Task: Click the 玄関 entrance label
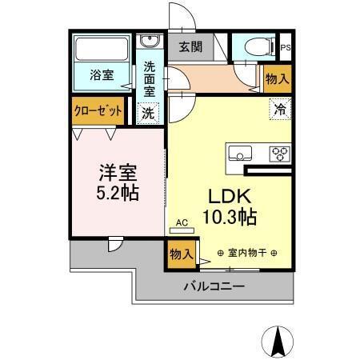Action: (x=190, y=46)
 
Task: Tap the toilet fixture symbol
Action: (x=254, y=47)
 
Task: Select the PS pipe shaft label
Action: (x=286, y=47)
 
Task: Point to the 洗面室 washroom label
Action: (x=150, y=78)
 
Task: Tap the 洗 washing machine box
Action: (x=150, y=113)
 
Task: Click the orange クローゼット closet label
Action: (x=98, y=112)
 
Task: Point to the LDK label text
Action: (x=230, y=196)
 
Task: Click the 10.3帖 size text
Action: (x=230, y=216)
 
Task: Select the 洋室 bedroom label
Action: (x=115, y=172)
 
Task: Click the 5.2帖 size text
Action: (x=115, y=194)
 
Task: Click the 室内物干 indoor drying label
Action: (x=246, y=253)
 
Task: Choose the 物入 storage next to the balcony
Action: (x=181, y=254)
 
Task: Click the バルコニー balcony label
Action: (x=214, y=286)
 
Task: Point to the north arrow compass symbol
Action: (x=279, y=342)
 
